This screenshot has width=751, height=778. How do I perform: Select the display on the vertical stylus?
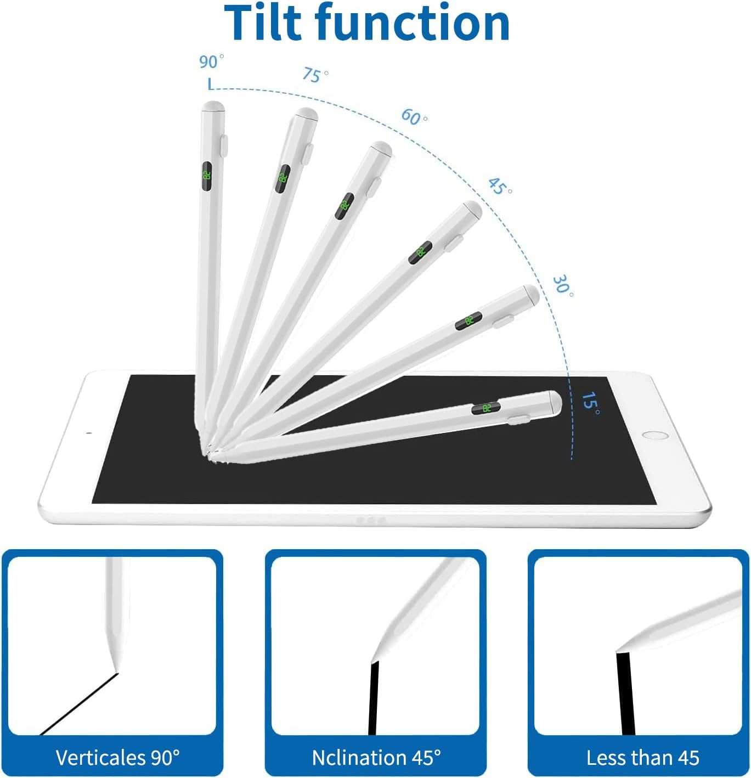point(207,176)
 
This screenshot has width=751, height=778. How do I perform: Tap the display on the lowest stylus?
point(486,408)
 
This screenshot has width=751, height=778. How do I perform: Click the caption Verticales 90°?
point(117,758)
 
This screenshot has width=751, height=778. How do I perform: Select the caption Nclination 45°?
point(376,758)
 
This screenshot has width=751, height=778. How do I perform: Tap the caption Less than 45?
point(642,758)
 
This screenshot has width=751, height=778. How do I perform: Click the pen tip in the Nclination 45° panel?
point(375,658)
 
